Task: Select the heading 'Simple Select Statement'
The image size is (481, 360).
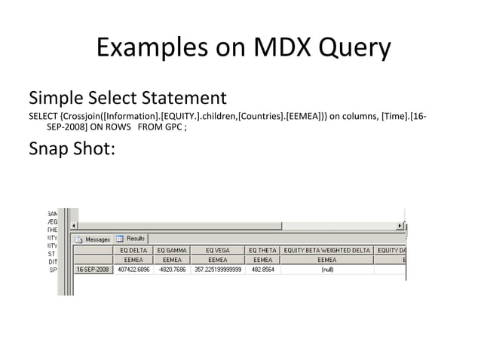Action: coord(127,98)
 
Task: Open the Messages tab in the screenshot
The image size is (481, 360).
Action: coord(93,239)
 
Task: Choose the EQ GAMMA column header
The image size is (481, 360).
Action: coord(171,249)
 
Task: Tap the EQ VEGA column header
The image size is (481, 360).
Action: coord(218,249)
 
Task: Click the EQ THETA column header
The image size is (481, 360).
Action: coord(262,249)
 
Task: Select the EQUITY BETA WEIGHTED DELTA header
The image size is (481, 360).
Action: coord(327,249)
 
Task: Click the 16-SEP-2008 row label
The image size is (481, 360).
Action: coord(92,269)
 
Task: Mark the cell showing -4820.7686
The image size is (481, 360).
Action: coord(171,269)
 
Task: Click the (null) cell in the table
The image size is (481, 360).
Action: coord(327,269)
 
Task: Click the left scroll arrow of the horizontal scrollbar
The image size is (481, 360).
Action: coord(74,225)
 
